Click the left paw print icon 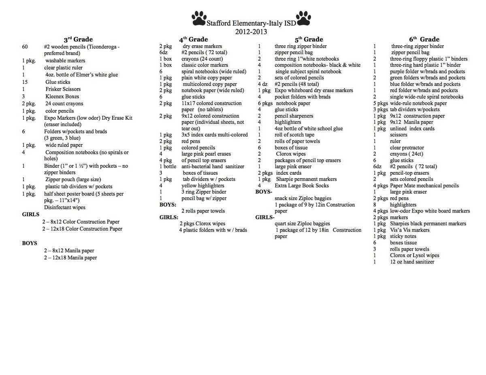tap(198, 18)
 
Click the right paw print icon tap(303, 18)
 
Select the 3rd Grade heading tap(78, 39)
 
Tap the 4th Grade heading tap(194, 39)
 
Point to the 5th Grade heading tap(309, 39)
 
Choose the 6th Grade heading tap(424, 39)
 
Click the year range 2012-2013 tap(251, 32)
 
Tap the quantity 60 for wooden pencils tap(25, 47)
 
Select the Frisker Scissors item tap(63, 89)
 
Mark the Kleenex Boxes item tap(62, 96)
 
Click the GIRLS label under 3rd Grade tap(30, 214)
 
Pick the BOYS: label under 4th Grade tap(168, 205)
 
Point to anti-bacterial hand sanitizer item tap(213, 166)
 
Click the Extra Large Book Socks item tap(302, 186)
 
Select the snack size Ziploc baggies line tap(303, 198)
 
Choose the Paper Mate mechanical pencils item tap(424, 186)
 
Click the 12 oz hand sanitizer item tap(412, 262)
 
